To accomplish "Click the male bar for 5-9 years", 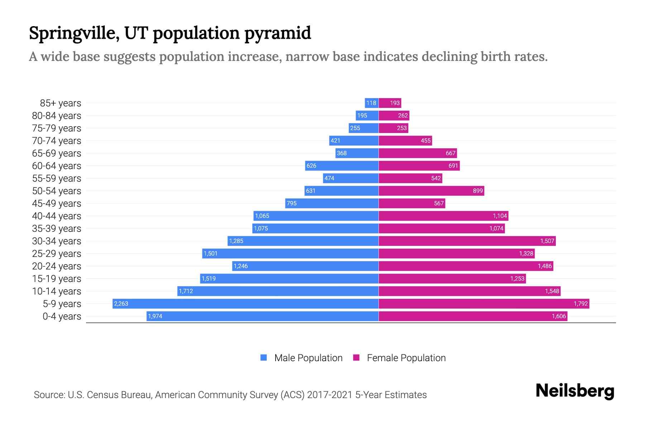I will pyautogui.click(x=245, y=304).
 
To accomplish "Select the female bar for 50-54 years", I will pyautogui.click(x=431, y=191).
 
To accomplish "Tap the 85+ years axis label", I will pyautogui.click(x=60, y=103).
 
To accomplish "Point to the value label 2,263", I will pyautogui.click(x=121, y=304).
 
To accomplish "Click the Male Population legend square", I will pyautogui.click(x=264, y=358).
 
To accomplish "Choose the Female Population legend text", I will pyautogui.click(x=406, y=358).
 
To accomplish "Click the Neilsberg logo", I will pyautogui.click(x=575, y=391).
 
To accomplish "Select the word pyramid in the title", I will pyautogui.click(x=278, y=33).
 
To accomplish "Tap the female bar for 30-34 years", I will pyautogui.click(x=467, y=241).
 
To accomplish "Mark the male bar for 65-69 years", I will pyautogui.click(x=357, y=153).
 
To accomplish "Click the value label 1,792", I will pyautogui.click(x=580, y=304).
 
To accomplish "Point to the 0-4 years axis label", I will pyautogui.click(x=62, y=316).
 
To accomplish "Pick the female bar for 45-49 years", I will pyautogui.click(x=412, y=203).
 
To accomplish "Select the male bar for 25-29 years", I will pyautogui.click(x=290, y=253).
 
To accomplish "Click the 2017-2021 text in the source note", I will pyautogui.click(x=330, y=395).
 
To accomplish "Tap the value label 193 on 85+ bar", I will pyautogui.click(x=395, y=103).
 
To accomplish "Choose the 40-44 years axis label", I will pyautogui.click(x=57, y=216).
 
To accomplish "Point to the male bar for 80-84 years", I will pyautogui.click(x=367, y=115).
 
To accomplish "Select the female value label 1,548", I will pyautogui.click(x=552, y=291).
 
